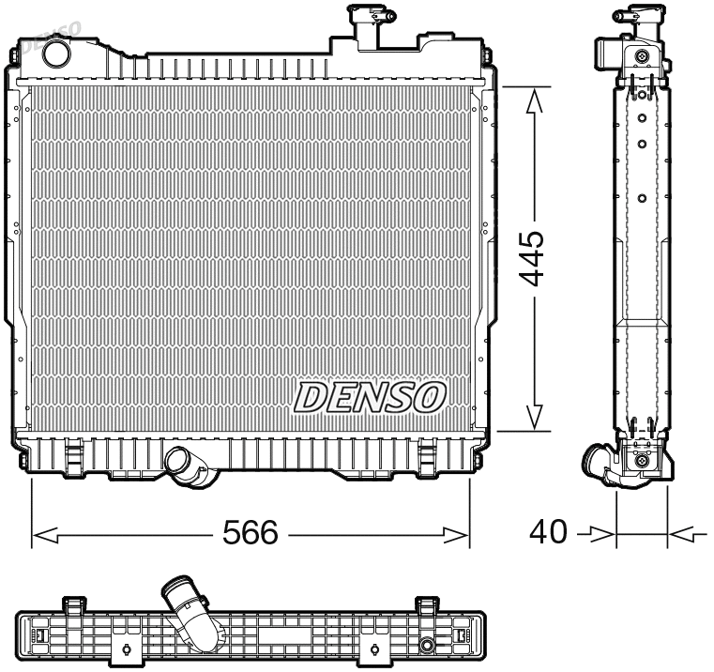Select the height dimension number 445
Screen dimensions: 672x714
[532, 257]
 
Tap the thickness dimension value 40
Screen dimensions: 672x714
[548, 532]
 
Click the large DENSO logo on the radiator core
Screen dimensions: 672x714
[370, 397]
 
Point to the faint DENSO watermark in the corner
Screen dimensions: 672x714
[52, 33]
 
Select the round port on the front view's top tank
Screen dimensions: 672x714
[57, 53]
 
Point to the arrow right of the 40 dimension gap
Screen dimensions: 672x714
[682, 535]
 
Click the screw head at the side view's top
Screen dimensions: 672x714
[642, 56]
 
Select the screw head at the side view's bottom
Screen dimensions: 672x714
[642, 460]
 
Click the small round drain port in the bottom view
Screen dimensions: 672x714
[427, 645]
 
